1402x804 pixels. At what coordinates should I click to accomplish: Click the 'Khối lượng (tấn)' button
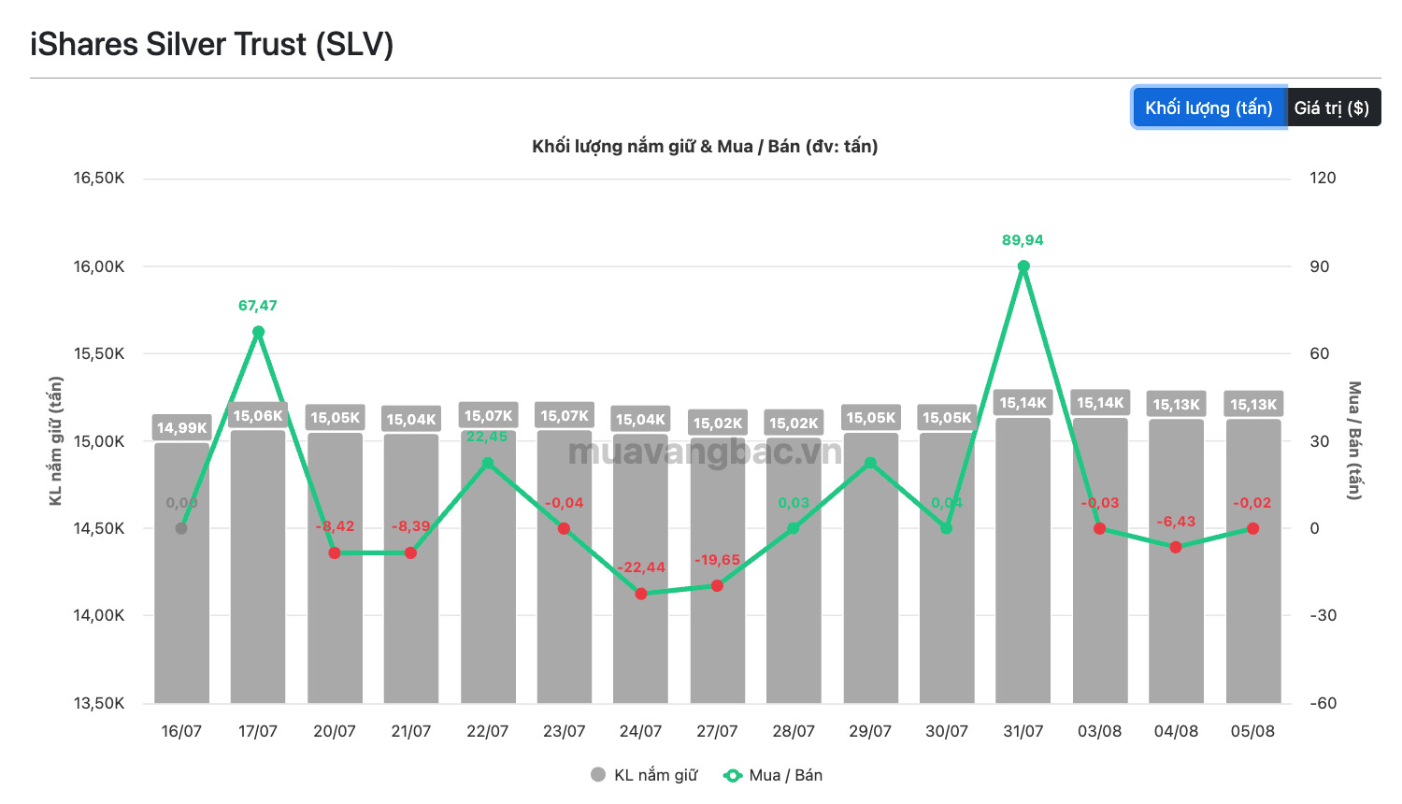coord(1209,108)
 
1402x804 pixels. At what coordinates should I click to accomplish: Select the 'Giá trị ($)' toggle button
coord(1333,108)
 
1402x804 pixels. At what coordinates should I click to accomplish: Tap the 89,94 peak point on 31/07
coord(1023,266)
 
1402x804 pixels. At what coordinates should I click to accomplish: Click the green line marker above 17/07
coord(258,332)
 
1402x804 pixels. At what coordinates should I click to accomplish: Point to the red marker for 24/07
coord(641,594)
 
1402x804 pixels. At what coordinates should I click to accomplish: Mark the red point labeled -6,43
coord(1176,547)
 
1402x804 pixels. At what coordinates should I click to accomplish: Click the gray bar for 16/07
coord(181,573)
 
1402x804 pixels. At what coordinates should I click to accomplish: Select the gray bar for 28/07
coord(794,570)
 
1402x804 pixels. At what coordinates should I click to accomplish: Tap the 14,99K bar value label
coord(181,427)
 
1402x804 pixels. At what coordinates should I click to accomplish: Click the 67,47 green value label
coord(257,306)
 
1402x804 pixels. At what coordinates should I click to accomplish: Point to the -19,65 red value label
coord(717,560)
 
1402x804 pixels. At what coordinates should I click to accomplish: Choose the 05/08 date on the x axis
coord(1252,731)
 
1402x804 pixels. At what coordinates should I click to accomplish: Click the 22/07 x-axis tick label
coord(488,731)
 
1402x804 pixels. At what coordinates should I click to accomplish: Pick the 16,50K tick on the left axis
coord(99,179)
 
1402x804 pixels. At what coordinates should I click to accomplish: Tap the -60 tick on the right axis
coord(1323,703)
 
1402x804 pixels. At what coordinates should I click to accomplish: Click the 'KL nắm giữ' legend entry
coord(644,775)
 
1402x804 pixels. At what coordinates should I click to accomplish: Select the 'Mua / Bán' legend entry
coord(773,775)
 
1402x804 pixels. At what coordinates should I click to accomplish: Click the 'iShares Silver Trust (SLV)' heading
coord(211,45)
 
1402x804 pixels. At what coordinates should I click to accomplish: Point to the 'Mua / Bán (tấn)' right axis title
coord(1354,440)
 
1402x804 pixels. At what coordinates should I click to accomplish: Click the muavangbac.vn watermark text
coord(706,452)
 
